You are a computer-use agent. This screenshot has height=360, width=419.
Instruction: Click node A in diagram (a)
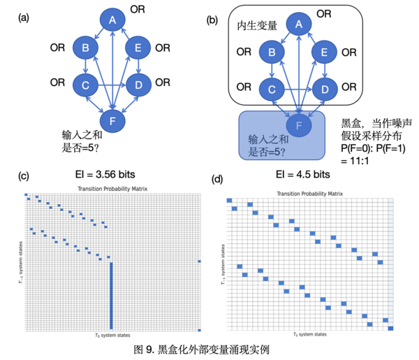(112, 20)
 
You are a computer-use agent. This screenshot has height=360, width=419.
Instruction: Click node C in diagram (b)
(271, 89)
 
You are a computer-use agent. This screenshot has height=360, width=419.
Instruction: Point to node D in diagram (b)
(323, 89)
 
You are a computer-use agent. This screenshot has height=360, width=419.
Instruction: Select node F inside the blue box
(299, 125)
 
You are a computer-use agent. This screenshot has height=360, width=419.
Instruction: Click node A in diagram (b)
(299, 25)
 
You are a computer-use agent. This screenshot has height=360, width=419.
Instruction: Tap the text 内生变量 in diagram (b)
(258, 26)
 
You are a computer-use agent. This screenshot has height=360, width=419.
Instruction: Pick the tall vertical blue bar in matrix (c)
(111, 294)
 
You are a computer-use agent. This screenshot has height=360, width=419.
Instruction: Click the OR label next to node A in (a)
(139, 10)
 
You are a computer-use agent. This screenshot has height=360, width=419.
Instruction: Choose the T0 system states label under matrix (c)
(112, 336)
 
